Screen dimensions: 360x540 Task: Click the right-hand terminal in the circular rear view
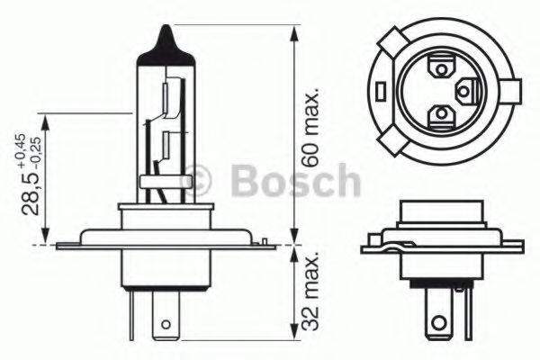[x=465, y=90]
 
